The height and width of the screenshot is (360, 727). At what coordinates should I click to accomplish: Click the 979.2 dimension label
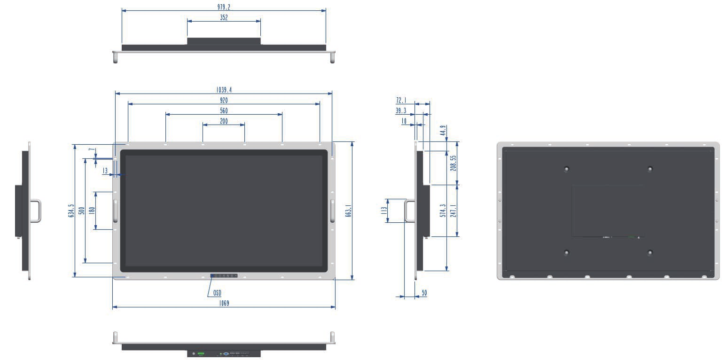click(224, 7)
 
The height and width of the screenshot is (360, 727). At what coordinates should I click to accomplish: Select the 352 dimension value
click(224, 17)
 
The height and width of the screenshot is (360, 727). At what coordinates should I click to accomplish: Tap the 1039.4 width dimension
click(224, 90)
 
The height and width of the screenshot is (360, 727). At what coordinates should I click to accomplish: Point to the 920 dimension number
click(224, 100)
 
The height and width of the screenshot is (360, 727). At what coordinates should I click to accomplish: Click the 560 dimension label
click(224, 111)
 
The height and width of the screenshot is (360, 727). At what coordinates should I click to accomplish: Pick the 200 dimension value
click(224, 121)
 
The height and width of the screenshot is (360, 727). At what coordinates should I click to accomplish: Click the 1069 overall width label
click(224, 303)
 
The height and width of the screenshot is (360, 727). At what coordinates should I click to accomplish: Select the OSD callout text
click(217, 293)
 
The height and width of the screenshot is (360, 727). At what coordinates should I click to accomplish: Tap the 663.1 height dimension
click(348, 211)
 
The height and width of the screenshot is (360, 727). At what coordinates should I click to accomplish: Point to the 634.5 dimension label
click(71, 211)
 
